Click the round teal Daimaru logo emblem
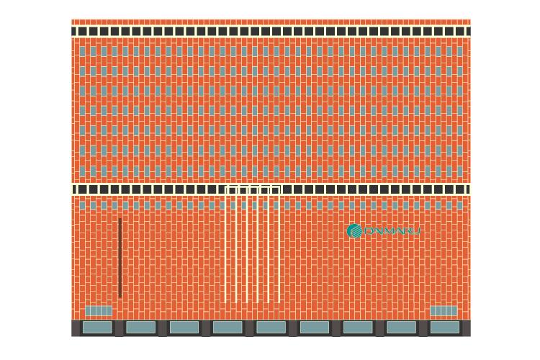(354, 231)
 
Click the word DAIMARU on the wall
(392, 232)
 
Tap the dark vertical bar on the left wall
(120, 258)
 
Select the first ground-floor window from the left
(97, 327)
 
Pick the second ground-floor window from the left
(140, 327)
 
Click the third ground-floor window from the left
(184, 327)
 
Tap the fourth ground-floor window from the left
(228, 327)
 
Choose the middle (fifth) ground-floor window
(271, 327)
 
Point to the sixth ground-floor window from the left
(314, 327)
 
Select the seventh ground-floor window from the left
(358, 327)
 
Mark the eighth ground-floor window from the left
(401, 327)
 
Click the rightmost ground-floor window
(444, 327)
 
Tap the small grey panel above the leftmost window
(99, 311)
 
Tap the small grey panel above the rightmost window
(444, 311)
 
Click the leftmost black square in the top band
(82, 32)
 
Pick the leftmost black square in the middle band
(82, 189)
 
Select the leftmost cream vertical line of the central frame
(227, 245)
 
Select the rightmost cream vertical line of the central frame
(279, 245)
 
